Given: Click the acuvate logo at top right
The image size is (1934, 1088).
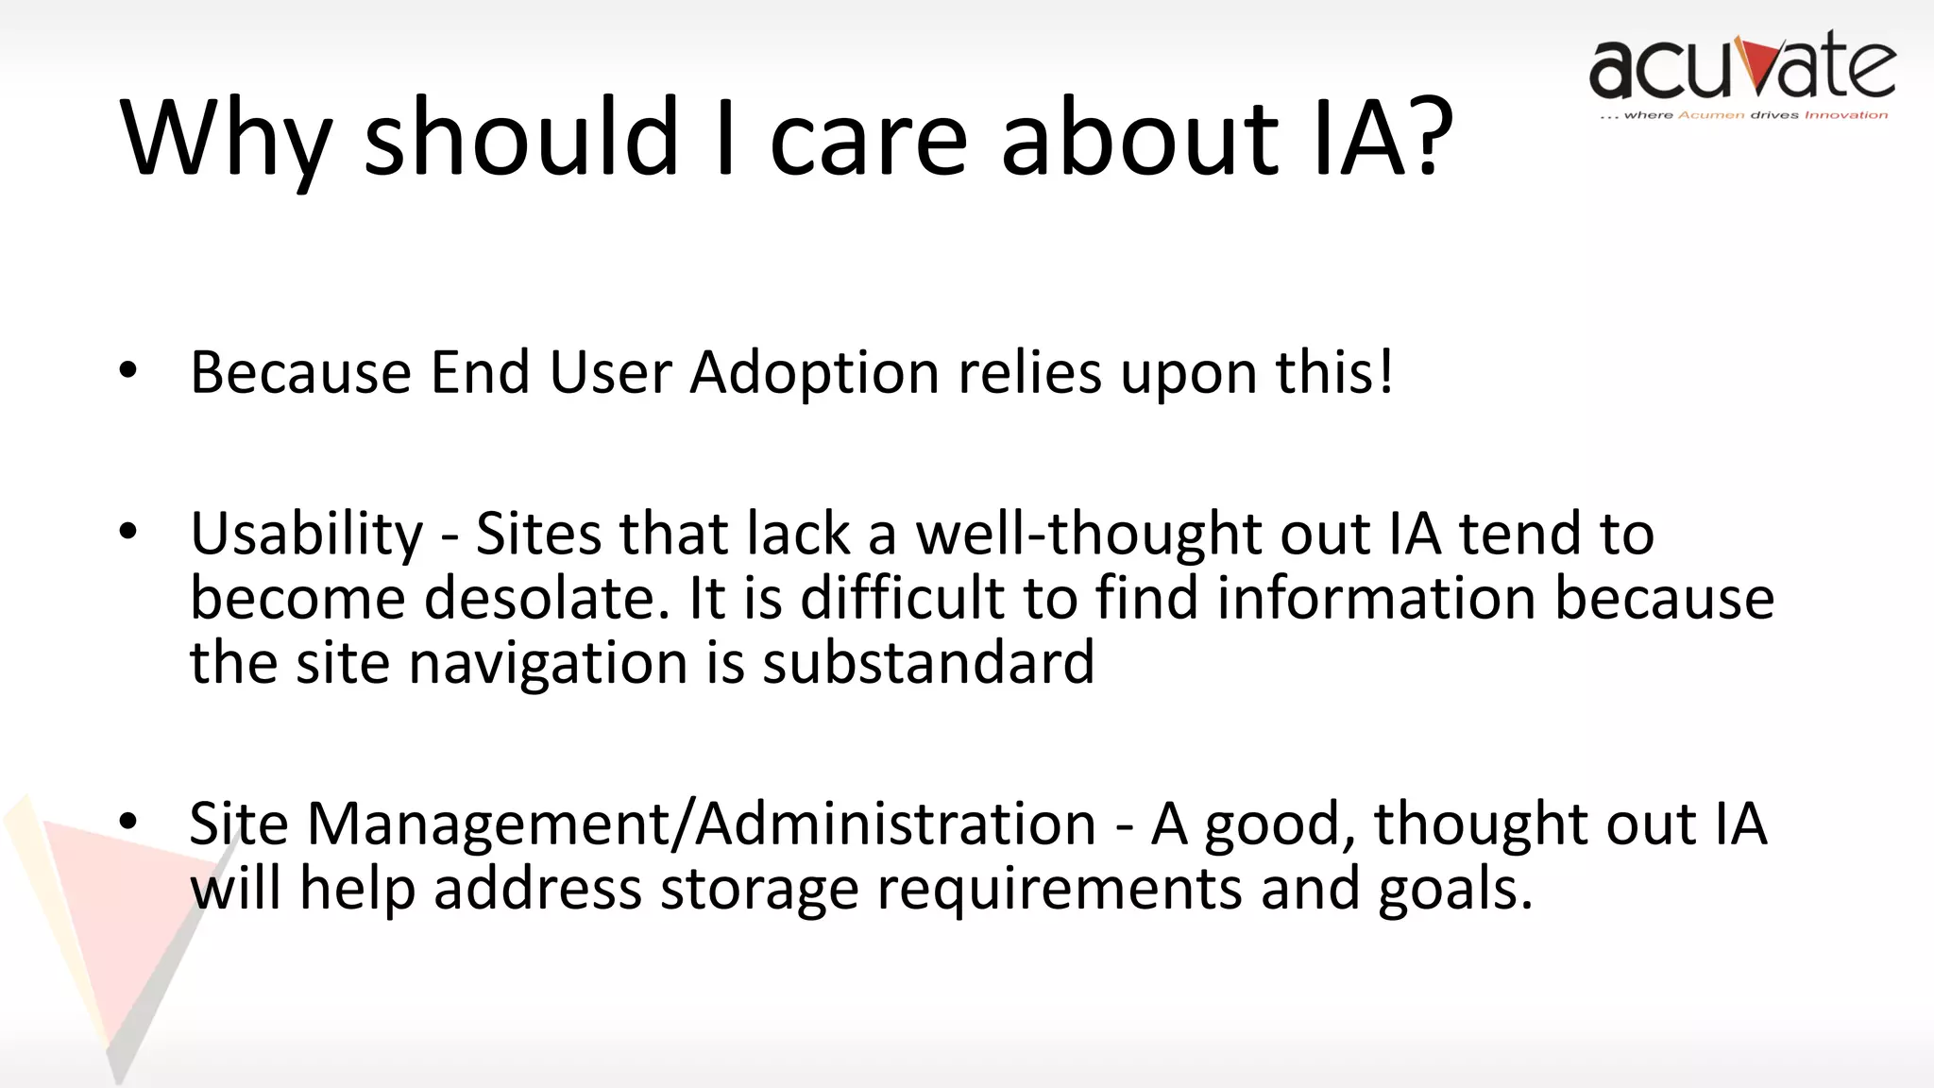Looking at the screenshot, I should click(x=1742, y=66).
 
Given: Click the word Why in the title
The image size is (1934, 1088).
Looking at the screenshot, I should click(x=225, y=137).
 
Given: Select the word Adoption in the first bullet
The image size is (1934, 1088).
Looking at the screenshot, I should click(x=814, y=372).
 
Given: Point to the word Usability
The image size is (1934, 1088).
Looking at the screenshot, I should click(x=307, y=535).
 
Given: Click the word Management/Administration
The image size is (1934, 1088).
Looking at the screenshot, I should click(x=702, y=824).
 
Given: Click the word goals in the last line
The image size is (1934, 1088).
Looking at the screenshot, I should click(x=1454, y=889).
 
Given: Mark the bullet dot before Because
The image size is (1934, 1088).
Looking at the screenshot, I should click(x=128, y=371).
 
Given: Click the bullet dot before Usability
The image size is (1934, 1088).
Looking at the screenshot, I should click(x=128, y=533).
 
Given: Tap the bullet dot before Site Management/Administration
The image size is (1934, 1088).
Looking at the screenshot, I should click(x=128, y=823).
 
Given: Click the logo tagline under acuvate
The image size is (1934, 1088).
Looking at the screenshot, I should click(x=1743, y=115).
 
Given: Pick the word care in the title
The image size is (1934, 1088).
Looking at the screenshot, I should click(x=869, y=137).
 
